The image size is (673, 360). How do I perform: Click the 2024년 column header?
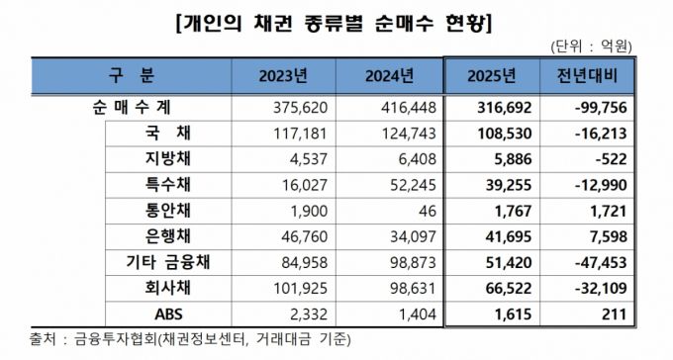pyautogui.click(x=387, y=75)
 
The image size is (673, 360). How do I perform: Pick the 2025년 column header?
pyautogui.click(x=492, y=75)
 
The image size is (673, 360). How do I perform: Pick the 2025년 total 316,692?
pyautogui.click(x=501, y=107)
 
